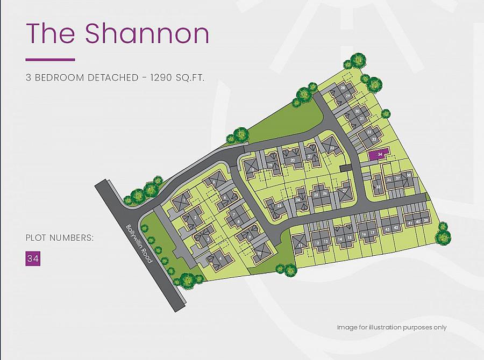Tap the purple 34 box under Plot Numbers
[33, 258]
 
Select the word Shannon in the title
[147, 34]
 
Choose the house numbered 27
[345, 191]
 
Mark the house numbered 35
[379, 187]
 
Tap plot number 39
[425, 221]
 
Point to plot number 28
[343, 88]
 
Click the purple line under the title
[50, 59]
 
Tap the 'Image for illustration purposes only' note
[392, 327]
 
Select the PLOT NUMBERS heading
[59, 237]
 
